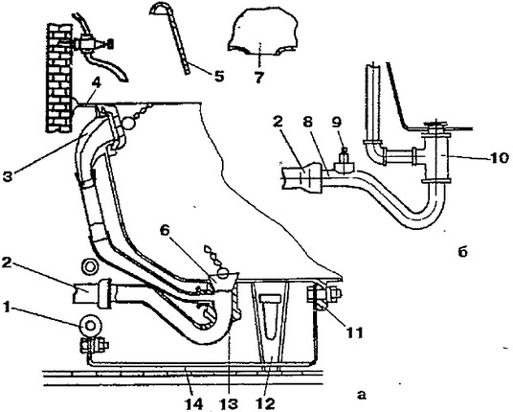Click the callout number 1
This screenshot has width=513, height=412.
click(x=8, y=309)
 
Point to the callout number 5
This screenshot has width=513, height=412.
click(x=218, y=77)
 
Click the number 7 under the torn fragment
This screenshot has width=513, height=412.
click(x=258, y=78)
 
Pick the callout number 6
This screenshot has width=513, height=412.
click(x=165, y=231)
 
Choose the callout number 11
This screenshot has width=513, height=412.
click(x=354, y=333)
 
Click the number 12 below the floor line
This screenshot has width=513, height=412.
click(x=266, y=404)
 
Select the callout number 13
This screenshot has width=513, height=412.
click(x=229, y=404)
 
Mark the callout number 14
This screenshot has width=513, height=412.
click(x=193, y=404)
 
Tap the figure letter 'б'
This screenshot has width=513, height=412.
click(x=463, y=252)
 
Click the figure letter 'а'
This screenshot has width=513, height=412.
click(x=362, y=395)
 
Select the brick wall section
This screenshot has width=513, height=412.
click(x=59, y=78)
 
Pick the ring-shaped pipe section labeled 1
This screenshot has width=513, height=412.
click(x=90, y=326)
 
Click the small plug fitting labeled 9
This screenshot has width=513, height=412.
click(x=344, y=163)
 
